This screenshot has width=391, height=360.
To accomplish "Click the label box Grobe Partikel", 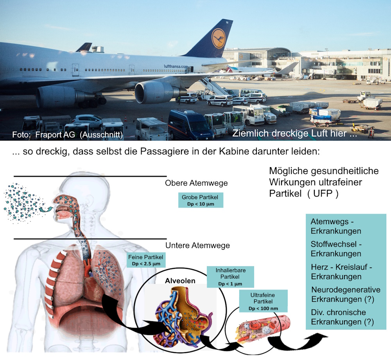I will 200,200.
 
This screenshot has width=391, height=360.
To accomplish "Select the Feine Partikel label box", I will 145,260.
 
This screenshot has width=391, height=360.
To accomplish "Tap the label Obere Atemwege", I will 196,183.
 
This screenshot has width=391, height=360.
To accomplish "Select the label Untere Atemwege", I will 197,246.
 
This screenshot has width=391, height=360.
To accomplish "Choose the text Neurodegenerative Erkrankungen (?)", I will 345,294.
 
